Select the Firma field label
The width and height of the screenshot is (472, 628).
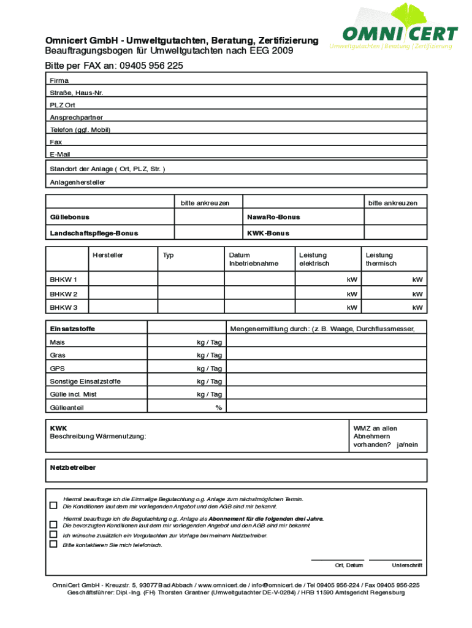pyautogui.click(x=59, y=80)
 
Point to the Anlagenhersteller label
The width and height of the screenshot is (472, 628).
pyautogui.click(x=78, y=182)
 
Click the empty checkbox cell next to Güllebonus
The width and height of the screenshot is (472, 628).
pyautogui.click(x=208, y=217)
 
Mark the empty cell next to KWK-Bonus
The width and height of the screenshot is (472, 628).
pyautogui.click(x=395, y=233)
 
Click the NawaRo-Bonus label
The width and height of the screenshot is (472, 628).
pyautogui.click(x=273, y=217)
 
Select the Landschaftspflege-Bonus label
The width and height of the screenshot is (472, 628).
pyautogui.click(x=94, y=233)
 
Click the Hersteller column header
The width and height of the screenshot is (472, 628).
pyautogui.click(x=108, y=255)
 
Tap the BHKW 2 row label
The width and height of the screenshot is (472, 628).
pyautogui.click(x=64, y=294)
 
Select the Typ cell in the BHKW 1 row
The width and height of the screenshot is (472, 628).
pyautogui.click(x=191, y=280)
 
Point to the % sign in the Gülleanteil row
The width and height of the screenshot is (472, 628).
pyautogui.click(x=218, y=407)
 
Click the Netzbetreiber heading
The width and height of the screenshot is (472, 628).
pyautogui.click(x=73, y=467)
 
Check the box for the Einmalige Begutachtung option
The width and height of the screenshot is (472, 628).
pyautogui.click(x=53, y=505)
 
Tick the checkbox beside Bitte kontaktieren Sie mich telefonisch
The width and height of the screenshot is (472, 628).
pyautogui.click(x=53, y=544)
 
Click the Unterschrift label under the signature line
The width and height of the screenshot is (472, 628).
pyautogui.click(x=406, y=565)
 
